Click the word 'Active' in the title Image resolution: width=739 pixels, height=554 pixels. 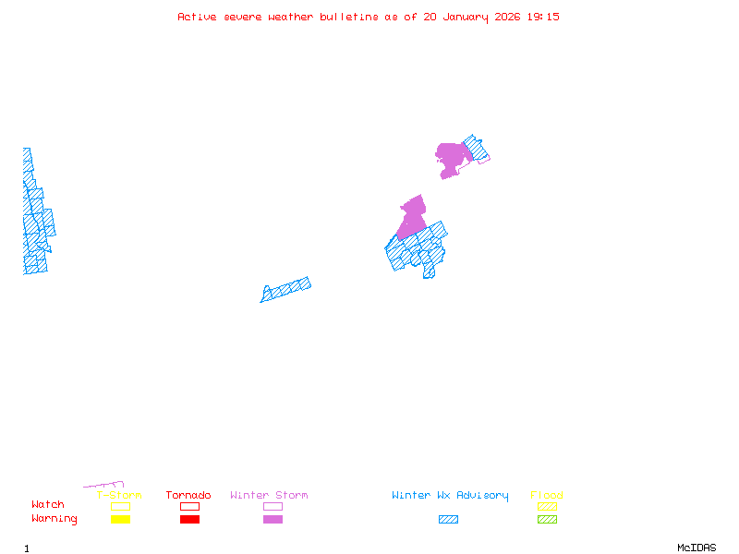198,17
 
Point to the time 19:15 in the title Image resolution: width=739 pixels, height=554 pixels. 543,17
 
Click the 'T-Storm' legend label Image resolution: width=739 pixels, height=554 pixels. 119,496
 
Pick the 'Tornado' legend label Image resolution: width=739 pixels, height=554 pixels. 188,496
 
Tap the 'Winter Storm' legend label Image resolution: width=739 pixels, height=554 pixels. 269,496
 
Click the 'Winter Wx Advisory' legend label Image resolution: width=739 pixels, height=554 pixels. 450,496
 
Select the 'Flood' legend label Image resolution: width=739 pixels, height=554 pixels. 547,496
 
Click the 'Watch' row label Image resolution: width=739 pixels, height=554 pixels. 48,505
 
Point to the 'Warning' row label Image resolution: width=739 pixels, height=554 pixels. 55,519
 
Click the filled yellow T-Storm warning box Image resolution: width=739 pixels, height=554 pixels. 120,520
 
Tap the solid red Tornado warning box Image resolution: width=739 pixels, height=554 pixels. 189,520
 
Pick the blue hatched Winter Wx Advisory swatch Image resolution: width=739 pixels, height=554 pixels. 448,520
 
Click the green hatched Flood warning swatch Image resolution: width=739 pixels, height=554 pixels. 547,520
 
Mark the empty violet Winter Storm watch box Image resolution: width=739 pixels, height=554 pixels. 273,506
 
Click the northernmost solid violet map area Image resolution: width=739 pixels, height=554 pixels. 452,157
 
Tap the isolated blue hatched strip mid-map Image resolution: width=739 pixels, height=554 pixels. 285,290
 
